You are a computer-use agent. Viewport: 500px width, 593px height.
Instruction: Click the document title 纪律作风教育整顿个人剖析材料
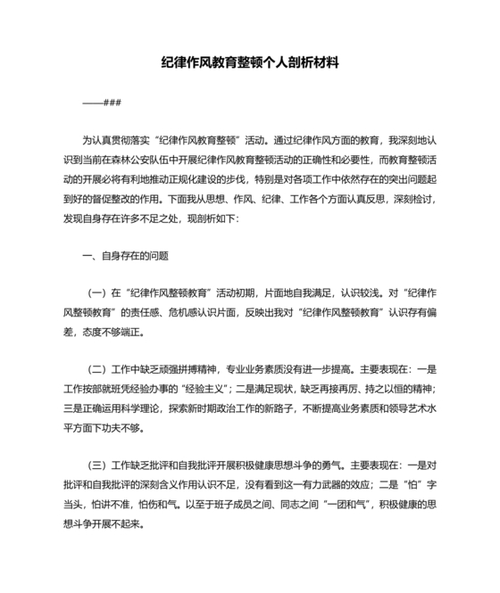250,64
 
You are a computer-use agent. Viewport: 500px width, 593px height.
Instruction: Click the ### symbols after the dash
112,102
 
